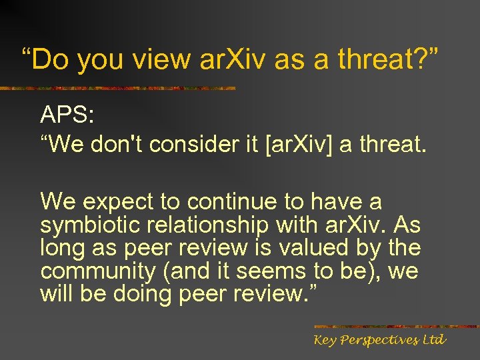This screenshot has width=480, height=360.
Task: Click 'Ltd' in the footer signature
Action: (434, 340)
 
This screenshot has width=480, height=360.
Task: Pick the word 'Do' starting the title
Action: (49, 59)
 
